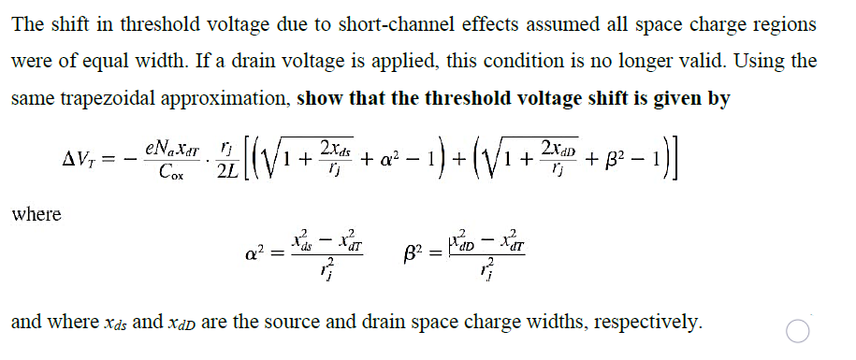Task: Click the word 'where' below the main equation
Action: (36, 214)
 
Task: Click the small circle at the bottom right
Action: (797, 331)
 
